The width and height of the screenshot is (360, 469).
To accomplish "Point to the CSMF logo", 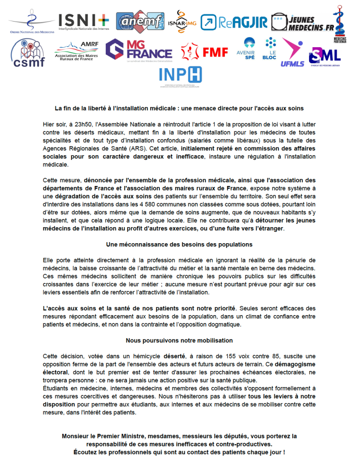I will click(27, 53).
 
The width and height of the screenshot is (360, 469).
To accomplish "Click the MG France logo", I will click(138, 51).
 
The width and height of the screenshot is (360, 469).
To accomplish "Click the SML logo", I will click(324, 55).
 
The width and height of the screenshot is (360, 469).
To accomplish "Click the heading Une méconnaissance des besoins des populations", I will click(179, 244).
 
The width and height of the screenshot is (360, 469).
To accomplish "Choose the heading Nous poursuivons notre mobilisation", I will click(179, 340).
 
